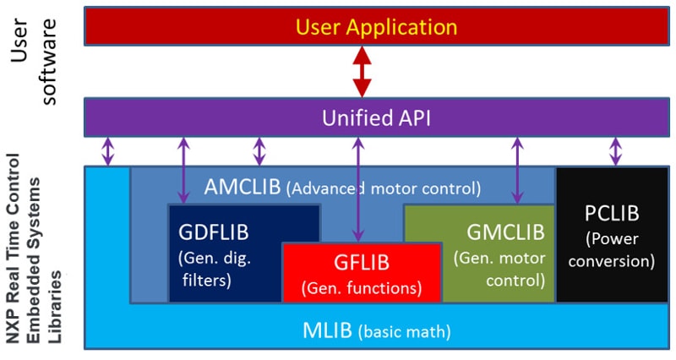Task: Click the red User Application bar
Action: coord(211,26)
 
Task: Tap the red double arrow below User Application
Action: coord(362,71)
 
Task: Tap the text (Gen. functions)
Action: coord(362,287)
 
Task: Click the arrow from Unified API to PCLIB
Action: coord(615,151)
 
